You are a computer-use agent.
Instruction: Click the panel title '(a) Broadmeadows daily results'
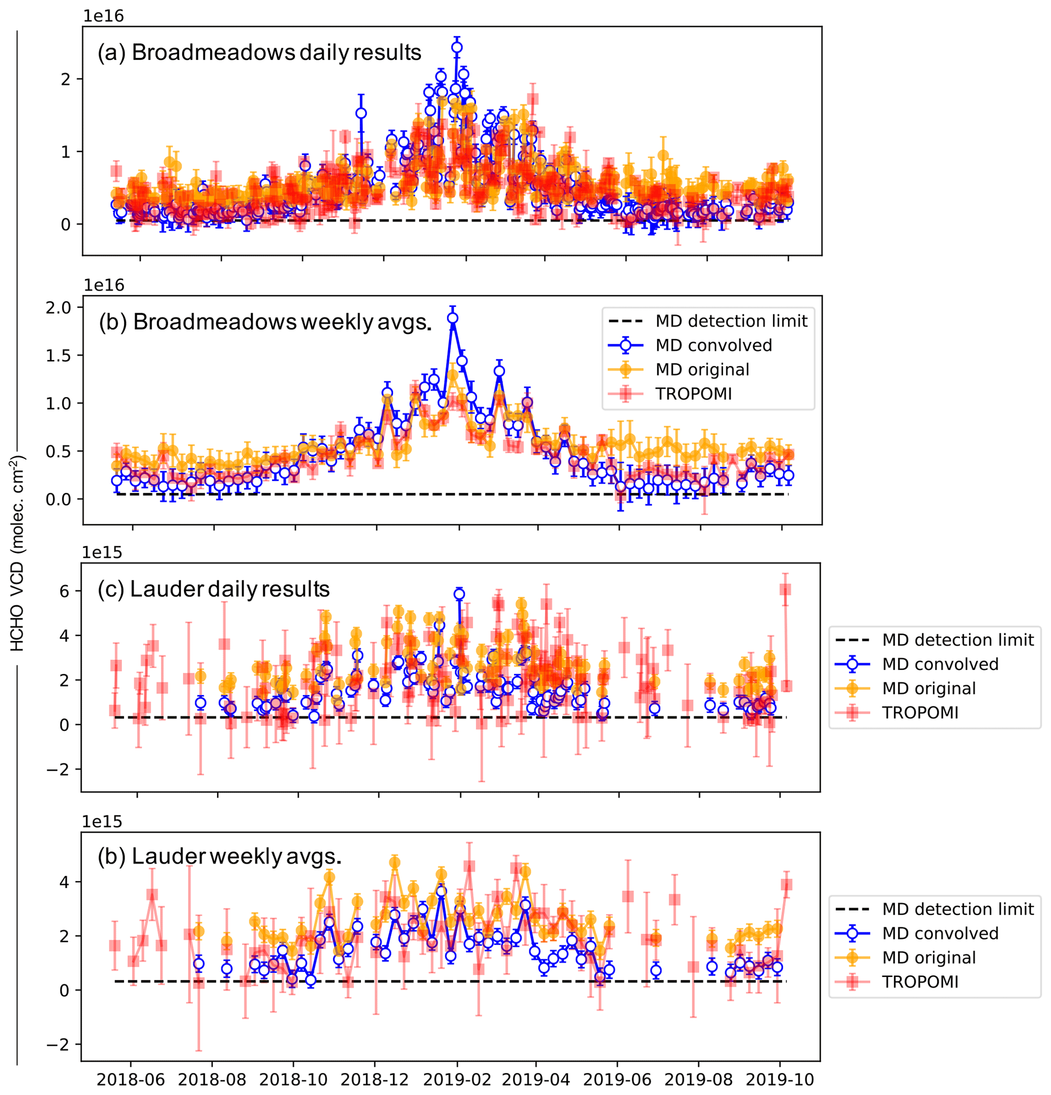tap(259, 52)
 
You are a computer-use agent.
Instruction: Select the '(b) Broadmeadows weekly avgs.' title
tap(265, 322)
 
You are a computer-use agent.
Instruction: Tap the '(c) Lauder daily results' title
tap(214, 589)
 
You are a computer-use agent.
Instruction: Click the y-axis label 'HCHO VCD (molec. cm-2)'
tap(18, 553)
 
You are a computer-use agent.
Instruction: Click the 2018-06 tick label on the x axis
tap(131, 1079)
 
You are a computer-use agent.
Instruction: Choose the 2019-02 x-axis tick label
tap(457, 1079)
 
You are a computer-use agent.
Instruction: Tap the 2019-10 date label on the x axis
tap(780, 1079)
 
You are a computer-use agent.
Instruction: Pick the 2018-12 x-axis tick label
tap(375, 1079)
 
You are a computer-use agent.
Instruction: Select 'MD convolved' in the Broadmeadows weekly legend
tap(713, 345)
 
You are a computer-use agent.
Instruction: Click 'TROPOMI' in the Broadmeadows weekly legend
tap(694, 394)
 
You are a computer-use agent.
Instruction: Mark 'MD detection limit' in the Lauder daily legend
tap(957, 640)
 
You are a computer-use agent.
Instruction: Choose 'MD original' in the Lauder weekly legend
tap(928, 958)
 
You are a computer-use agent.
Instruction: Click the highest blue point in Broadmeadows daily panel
tap(457, 47)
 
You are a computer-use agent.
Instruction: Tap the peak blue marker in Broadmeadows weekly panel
tap(453, 318)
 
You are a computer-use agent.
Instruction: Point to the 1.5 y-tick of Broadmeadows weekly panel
tap(58, 355)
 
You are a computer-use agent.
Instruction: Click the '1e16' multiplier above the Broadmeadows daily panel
tap(103, 16)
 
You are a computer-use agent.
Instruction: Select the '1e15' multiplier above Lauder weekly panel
tap(102, 822)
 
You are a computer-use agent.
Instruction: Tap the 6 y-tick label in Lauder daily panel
tap(64, 591)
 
